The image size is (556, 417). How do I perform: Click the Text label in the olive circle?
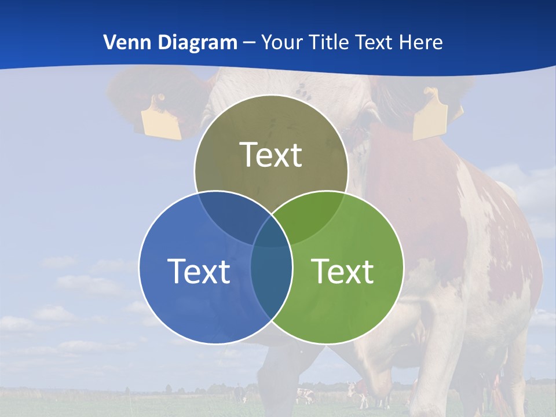tap(271, 155)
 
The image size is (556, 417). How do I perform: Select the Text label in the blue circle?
tap(199, 271)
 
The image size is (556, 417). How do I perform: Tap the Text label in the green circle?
tap(343, 271)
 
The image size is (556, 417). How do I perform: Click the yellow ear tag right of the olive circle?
tap(430, 116)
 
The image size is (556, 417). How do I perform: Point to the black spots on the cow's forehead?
tap(301, 89)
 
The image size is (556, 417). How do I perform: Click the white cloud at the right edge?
tap(530, 185)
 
